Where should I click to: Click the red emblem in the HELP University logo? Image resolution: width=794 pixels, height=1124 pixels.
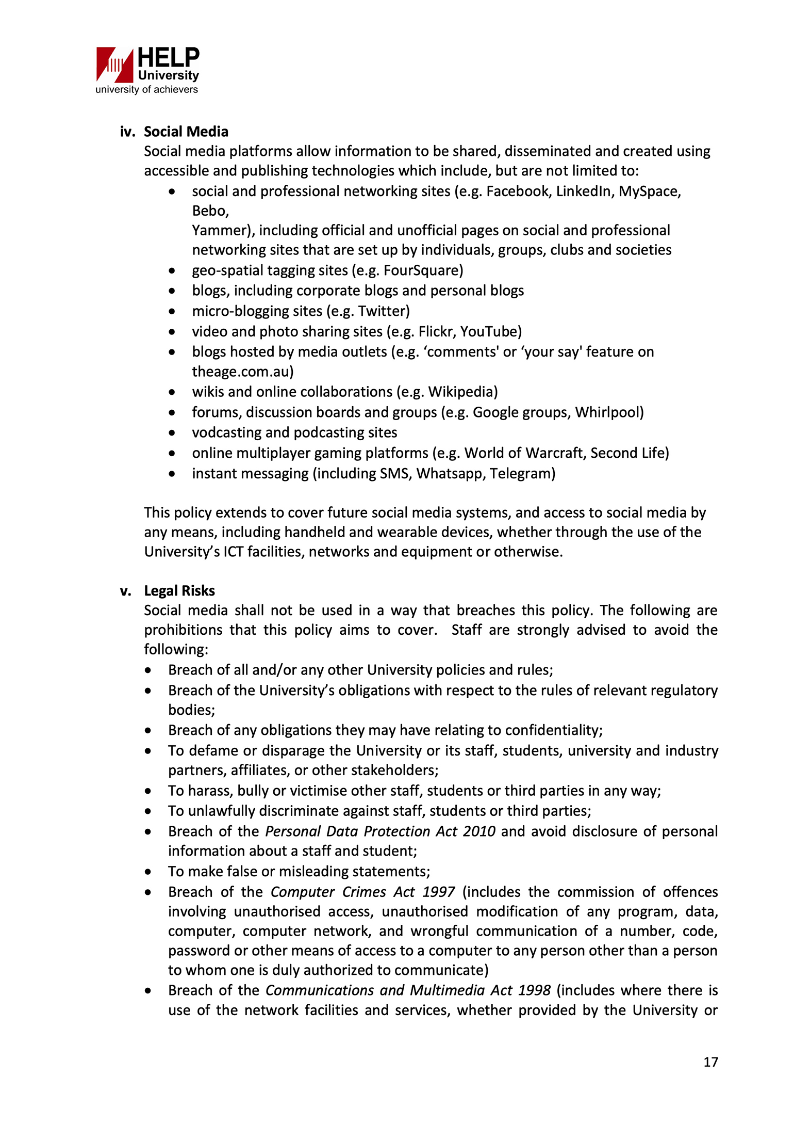tap(114, 65)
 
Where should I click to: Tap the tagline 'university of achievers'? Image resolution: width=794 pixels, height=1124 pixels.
tap(146, 90)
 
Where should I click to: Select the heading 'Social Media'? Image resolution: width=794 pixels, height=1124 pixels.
tap(186, 132)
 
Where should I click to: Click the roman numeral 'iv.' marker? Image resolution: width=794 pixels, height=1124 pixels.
tap(127, 132)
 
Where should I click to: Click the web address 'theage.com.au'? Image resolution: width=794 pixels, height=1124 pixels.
tap(240, 372)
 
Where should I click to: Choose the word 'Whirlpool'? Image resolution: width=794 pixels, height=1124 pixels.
tap(607, 412)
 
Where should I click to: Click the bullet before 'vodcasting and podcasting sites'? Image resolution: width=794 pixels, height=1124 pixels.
tap(172, 433)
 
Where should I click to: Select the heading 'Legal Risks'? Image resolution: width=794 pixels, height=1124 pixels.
tap(179, 591)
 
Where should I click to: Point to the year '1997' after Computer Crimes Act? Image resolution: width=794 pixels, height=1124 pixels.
tap(438, 892)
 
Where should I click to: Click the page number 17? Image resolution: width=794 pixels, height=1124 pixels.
tap(710, 1062)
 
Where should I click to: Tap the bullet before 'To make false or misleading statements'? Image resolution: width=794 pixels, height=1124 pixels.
tap(148, 872)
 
